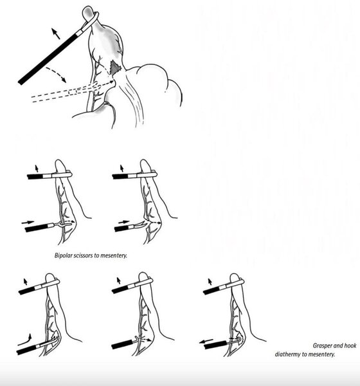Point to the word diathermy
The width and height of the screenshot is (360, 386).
[x=287, y=354]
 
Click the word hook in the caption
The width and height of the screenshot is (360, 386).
[x=350, y=345]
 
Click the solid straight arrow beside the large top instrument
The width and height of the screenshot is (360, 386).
[x=56, y=33]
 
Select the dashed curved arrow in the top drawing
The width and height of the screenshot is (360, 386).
[x=57, y=74]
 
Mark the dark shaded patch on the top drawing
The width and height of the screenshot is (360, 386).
[x=115, y=67]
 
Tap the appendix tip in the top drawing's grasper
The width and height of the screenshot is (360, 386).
[x=87, y=14]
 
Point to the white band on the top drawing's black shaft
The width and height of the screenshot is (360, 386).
[x=80, y=32]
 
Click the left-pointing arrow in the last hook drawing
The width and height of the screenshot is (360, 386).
[x=206, y=341]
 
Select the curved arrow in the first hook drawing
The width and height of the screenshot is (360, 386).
[x=25, y=340]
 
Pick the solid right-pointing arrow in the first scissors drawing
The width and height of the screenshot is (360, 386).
[x=28, y=223]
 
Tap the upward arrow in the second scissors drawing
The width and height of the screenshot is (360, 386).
[x=122, y=169]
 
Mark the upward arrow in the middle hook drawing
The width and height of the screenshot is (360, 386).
[x=118, y=280]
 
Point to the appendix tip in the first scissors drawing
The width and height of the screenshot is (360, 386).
[x=60, y=165]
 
